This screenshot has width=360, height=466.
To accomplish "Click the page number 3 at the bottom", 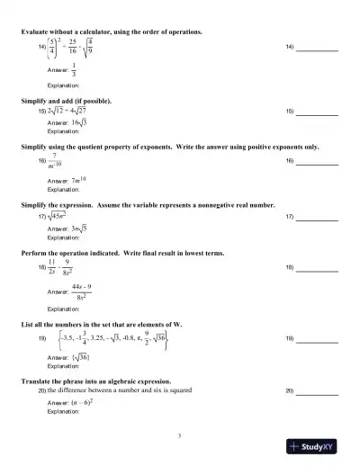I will tap(180, 435).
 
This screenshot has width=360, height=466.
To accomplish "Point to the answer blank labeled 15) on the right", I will tap(319, 112).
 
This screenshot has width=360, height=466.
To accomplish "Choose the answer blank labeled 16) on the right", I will tap(319, 162).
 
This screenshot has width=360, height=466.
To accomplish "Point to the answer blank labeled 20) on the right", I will tap(319, 393).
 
